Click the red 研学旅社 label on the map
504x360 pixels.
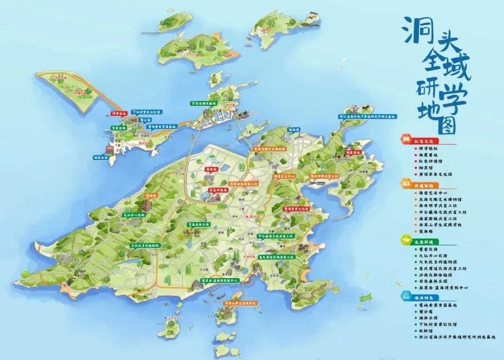pyautogui.click(x=119, y=113)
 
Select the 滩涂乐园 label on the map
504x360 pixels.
pyautogui.click(x=100, y=158)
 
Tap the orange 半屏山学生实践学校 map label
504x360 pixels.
pyautogui.click(x=240, y=303)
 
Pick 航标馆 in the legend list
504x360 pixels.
pyautogui.click(x=427, y=330)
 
